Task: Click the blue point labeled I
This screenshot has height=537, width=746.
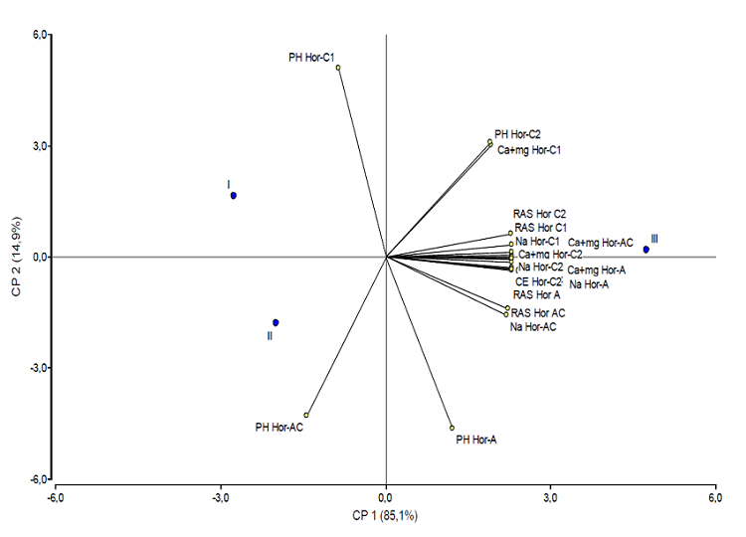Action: click(x=234, y=195)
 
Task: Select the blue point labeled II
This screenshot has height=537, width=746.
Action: click(x=276, y=322)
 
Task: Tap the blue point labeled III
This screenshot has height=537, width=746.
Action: click(x=646, y=250)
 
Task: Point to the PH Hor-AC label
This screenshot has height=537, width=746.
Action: click(x=279, y=428)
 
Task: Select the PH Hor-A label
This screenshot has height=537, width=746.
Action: click(x=475, y=438)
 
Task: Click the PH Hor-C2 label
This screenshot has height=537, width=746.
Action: click(x=517, y=133)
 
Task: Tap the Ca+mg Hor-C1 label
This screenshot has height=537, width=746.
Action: click(x=530, y=150)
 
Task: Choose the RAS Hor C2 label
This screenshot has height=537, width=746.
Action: click(x=539, y=214)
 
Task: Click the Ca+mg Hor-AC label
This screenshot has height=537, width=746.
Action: click(x=601, y=243)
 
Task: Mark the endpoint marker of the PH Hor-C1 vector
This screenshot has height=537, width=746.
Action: click(x=338, y=68)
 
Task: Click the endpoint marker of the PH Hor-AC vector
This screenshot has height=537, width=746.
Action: click(x=306, y=415)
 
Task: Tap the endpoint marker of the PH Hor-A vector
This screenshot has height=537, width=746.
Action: click(x=452, y=428)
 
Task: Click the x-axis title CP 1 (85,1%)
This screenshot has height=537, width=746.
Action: click(x=386, y=515)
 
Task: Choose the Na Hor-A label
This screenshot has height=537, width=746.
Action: click(x=589, y=284)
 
